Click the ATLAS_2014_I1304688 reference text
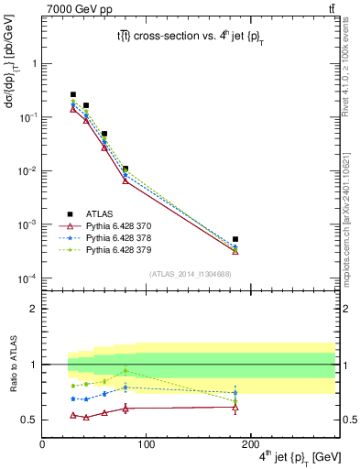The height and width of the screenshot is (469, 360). coord(189,274)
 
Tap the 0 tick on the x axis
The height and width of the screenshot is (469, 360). coord(42,444)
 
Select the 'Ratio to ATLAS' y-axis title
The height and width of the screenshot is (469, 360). coord(12,365)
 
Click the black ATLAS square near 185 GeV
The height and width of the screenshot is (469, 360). coord(235,239)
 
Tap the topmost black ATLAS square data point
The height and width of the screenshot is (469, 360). coord(73,94)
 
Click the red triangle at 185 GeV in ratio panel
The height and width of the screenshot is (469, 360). coord(235,407)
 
